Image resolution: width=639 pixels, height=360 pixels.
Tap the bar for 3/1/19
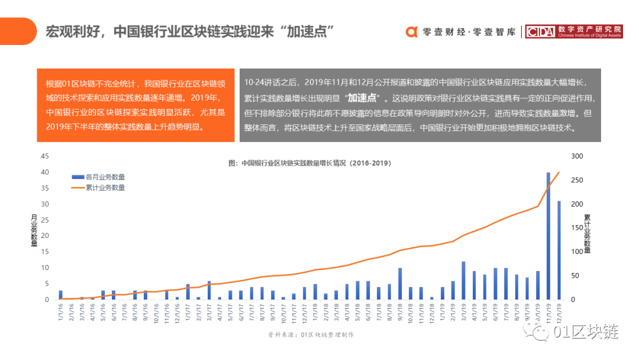pos(463,280)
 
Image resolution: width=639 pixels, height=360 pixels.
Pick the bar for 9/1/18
pos(400,284)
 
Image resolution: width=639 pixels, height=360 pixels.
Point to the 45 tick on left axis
pos(44,156)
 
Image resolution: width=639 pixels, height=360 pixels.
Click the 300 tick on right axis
pos(577,156)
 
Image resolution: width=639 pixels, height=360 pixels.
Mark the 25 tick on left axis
pos(44,220)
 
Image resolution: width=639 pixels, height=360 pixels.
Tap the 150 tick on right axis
pos(577,228)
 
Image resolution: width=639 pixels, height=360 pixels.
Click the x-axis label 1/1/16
pos(61,313)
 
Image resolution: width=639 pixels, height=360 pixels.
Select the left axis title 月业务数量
pos(34,230)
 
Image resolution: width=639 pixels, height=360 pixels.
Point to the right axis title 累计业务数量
pos(587,233)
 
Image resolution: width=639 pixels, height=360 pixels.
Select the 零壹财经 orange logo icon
pos(412,32)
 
